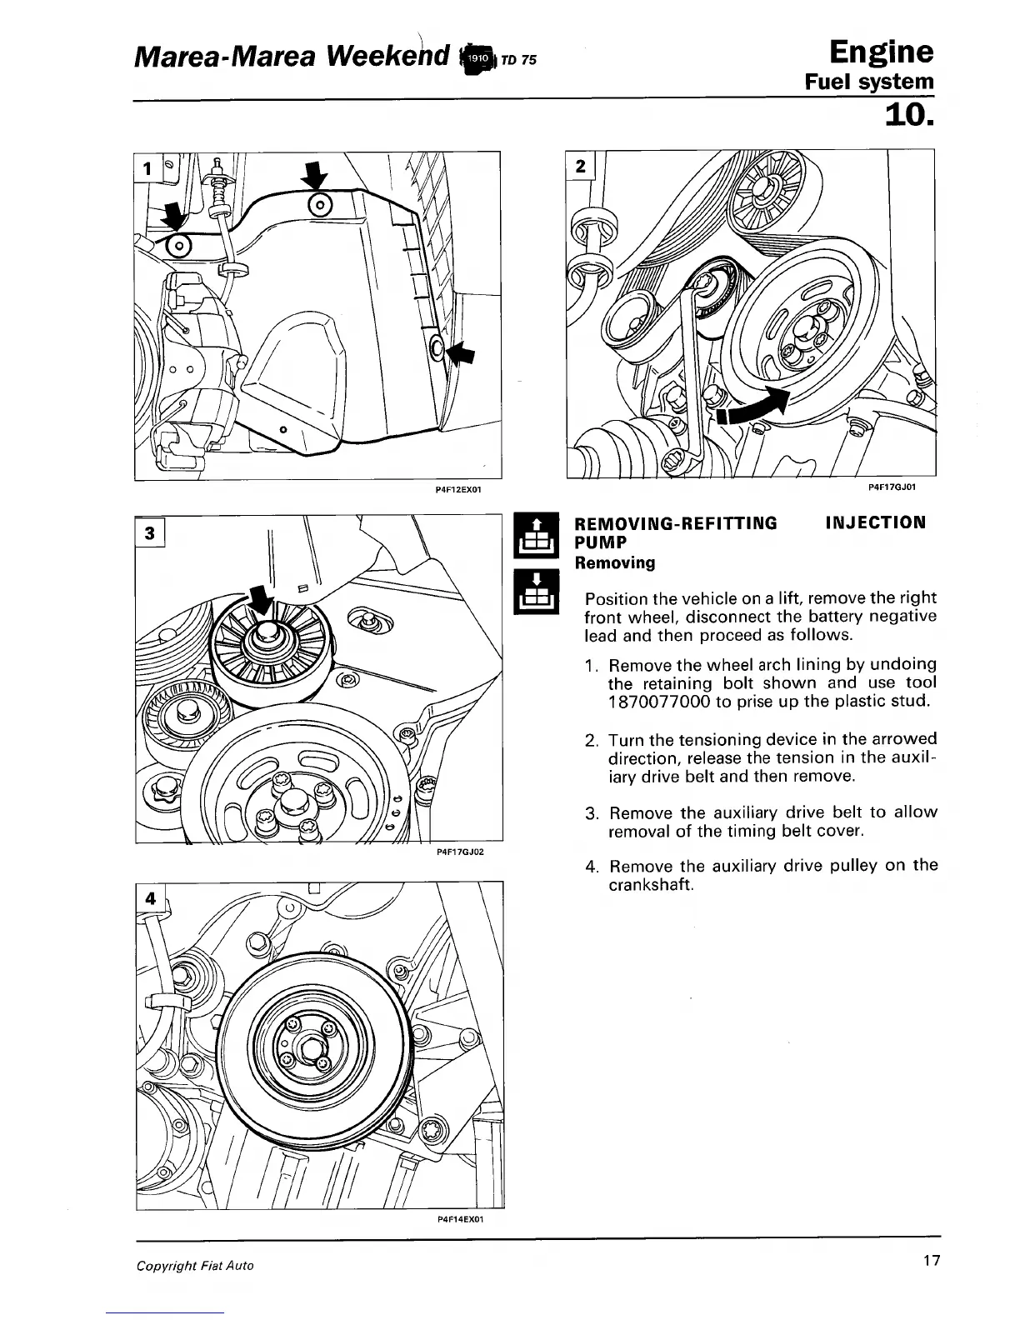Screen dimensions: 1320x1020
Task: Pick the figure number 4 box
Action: click(151, 899)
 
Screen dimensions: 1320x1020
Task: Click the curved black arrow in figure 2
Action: click(754, 407)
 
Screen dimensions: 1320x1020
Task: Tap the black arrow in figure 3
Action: click(261, 600)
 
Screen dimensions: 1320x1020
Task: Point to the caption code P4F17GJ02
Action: click(460, 852)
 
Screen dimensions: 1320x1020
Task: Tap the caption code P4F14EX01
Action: click(460, 1218)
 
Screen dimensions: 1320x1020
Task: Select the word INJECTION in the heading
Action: click(875, 523)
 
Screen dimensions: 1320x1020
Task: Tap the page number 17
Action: click(931, 1261)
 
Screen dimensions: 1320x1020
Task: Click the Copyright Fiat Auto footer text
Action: click(195, 1265)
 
